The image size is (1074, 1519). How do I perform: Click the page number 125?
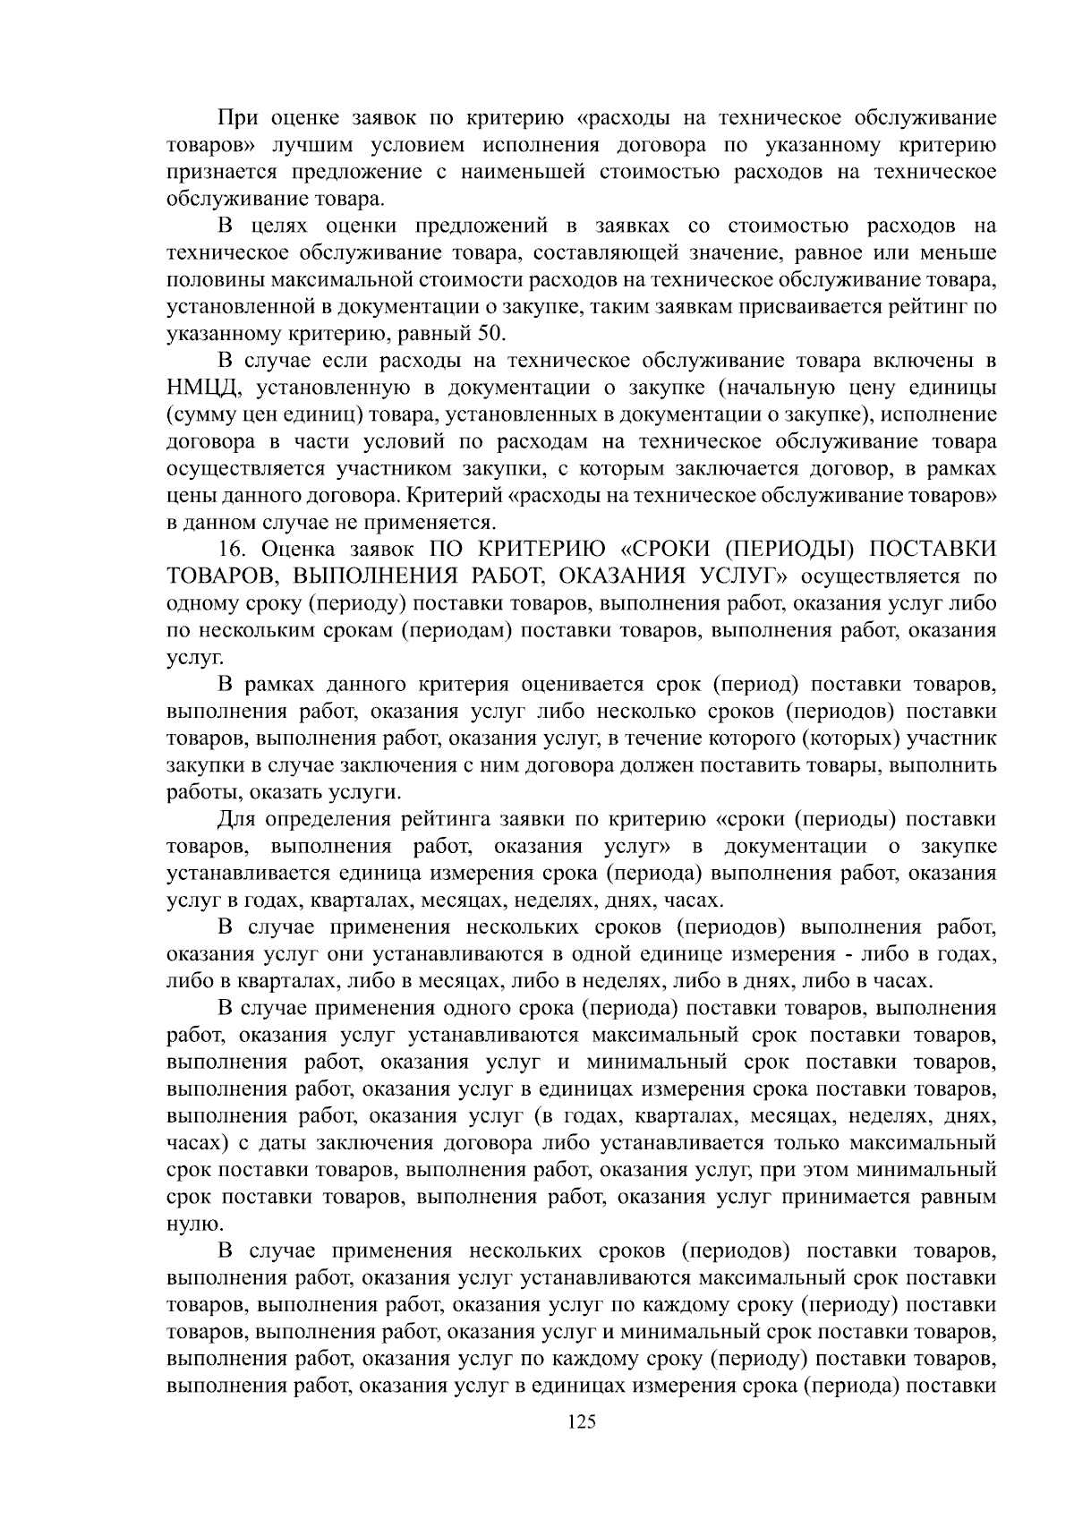click(x=582, y=1421)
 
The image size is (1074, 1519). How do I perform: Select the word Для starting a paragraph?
click(x=236, y=819)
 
